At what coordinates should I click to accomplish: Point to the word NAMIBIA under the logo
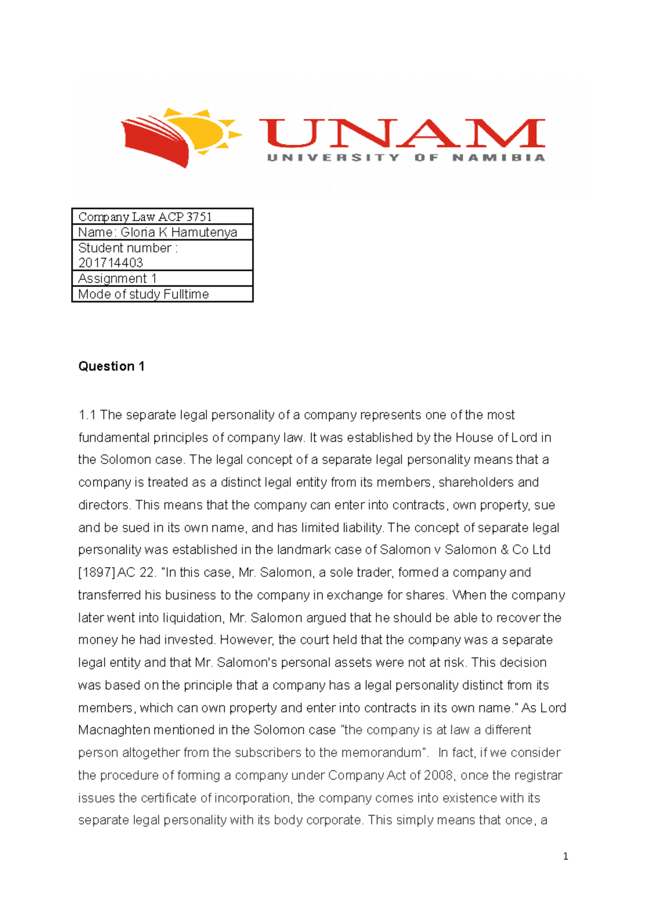[x=499, y=158]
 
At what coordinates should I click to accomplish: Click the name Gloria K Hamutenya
[x=178, y=233]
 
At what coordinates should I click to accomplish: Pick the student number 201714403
[x=111, y=263]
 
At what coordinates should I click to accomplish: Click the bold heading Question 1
[x=111, y=366]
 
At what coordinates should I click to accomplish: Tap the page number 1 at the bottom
[x=565, y=856]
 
